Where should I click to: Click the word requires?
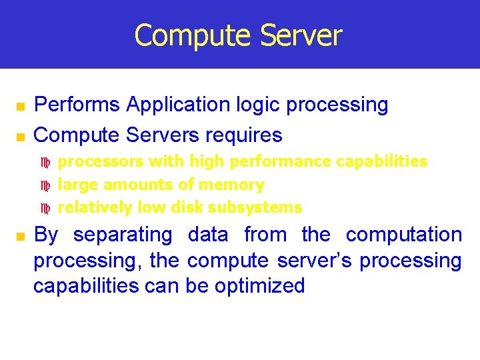click(243, 135)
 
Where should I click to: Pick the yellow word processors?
click(101, 161)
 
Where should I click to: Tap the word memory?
click(233, 185)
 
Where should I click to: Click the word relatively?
click(95, 207)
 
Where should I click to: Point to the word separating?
click(123, 235)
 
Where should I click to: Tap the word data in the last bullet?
click(208, 235)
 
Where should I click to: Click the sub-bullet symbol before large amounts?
click(46, 185)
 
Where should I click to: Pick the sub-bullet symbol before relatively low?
click(46, 208)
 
